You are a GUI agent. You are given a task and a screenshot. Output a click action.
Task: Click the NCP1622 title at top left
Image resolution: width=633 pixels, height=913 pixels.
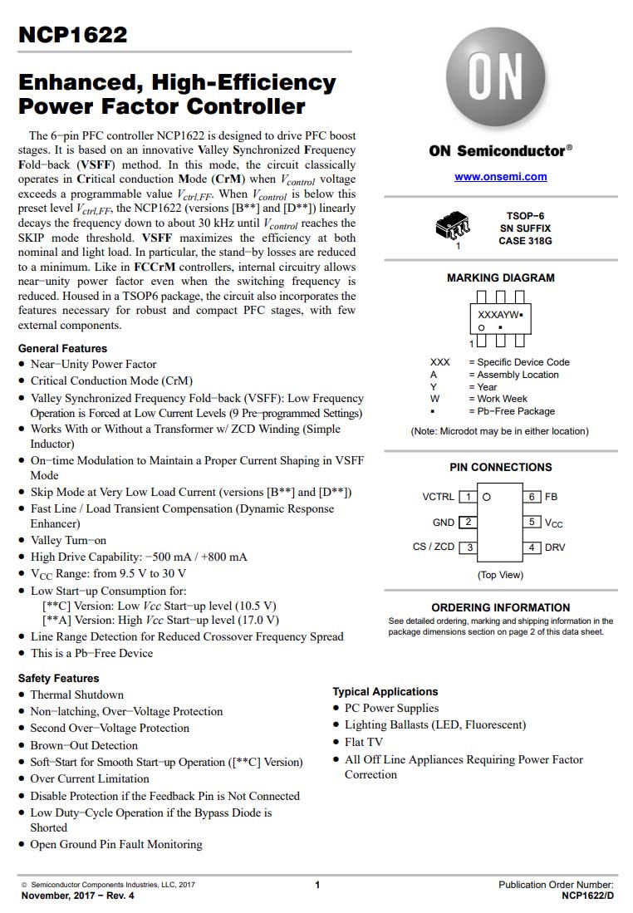pos(72,35)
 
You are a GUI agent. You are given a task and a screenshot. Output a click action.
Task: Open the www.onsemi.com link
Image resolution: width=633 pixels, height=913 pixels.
pos(500,177)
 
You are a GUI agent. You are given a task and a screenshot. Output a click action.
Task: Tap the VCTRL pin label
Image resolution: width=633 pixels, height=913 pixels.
pos(438,497)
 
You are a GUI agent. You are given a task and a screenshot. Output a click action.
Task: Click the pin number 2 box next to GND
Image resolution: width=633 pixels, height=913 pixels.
pos(469,523)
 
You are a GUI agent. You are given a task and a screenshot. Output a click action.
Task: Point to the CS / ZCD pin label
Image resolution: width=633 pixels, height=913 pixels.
pos(433,547)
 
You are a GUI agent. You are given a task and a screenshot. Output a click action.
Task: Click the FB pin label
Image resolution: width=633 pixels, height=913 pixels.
pos(551,497)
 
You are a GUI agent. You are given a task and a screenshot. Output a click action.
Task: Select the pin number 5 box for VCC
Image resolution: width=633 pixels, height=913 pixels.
pos(532,523)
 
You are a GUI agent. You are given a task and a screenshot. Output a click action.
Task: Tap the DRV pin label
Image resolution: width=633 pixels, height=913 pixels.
pos(555,547)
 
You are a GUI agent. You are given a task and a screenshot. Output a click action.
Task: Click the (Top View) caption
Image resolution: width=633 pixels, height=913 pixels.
pos(500,575)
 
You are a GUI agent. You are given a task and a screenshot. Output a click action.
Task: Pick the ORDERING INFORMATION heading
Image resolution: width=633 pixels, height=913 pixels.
pos(500,607)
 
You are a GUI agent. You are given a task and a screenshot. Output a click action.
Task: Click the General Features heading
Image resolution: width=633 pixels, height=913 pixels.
pos(62,348)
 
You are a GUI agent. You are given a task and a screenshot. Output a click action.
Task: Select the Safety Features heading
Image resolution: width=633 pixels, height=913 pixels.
pos(58,678)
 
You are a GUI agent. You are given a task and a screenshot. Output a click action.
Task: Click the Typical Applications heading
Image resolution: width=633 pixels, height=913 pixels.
pos(385,691)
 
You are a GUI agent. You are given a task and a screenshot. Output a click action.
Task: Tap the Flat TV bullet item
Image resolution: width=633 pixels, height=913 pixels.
pos(364,742)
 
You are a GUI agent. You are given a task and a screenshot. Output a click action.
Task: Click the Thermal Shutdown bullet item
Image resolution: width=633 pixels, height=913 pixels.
pos(77,695)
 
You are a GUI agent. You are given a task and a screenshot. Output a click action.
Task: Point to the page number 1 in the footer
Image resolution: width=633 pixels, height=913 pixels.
pos(316,885)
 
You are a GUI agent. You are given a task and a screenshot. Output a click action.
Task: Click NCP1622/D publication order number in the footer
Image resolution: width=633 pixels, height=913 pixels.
pos(587,896)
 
